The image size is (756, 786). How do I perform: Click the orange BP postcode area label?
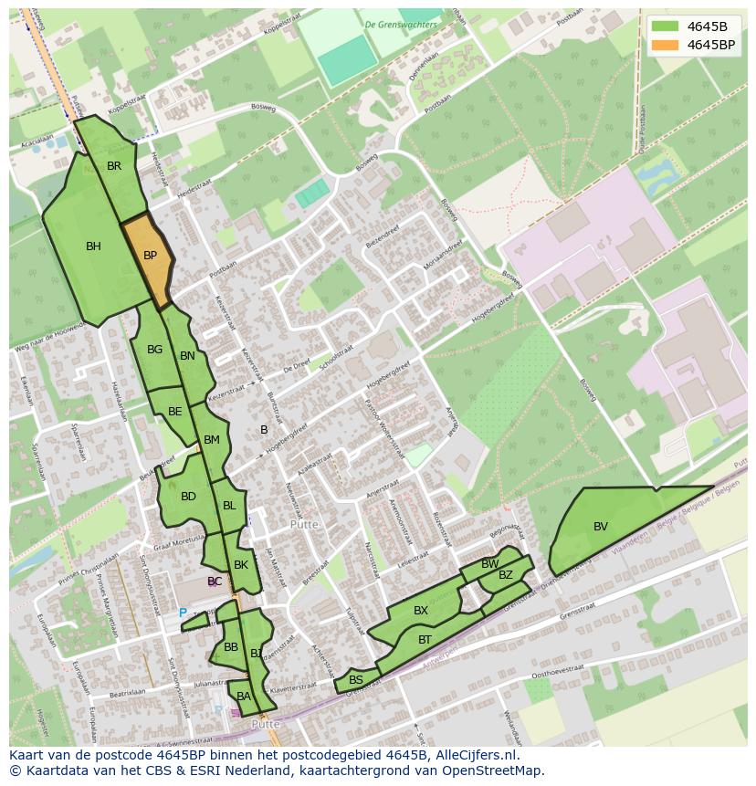(151, 256)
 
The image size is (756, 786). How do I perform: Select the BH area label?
(93, 246)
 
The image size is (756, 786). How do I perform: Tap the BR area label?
(114, 166)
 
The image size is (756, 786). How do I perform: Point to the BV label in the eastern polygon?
(600, 526)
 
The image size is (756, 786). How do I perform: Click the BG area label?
(154, 350)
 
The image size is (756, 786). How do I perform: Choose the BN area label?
(187, 356)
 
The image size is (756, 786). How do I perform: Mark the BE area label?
(174, 412)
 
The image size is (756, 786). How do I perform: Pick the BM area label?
(212, 440)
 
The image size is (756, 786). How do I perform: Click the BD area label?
(188, 497)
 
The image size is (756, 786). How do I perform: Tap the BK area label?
(241, 565)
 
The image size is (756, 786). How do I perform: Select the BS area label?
(356, 680)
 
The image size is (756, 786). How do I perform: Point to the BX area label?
(421, 610)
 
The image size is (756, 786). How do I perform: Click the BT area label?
(425, 640)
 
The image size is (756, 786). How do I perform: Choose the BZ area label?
(506, 574)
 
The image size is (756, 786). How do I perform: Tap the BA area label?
(243, 697)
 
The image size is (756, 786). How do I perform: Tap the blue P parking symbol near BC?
(183, 613)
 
